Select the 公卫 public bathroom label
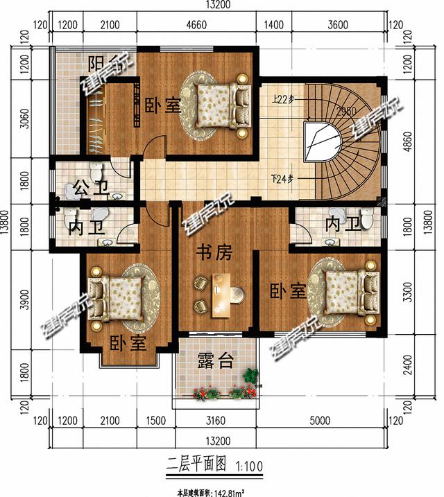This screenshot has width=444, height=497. (87, 186)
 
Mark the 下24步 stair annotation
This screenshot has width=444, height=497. (283, 179)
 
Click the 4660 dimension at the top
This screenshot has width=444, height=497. (197, 26)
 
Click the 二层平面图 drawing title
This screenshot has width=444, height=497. (196, 464)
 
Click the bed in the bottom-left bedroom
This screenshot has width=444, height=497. (121, 298)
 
